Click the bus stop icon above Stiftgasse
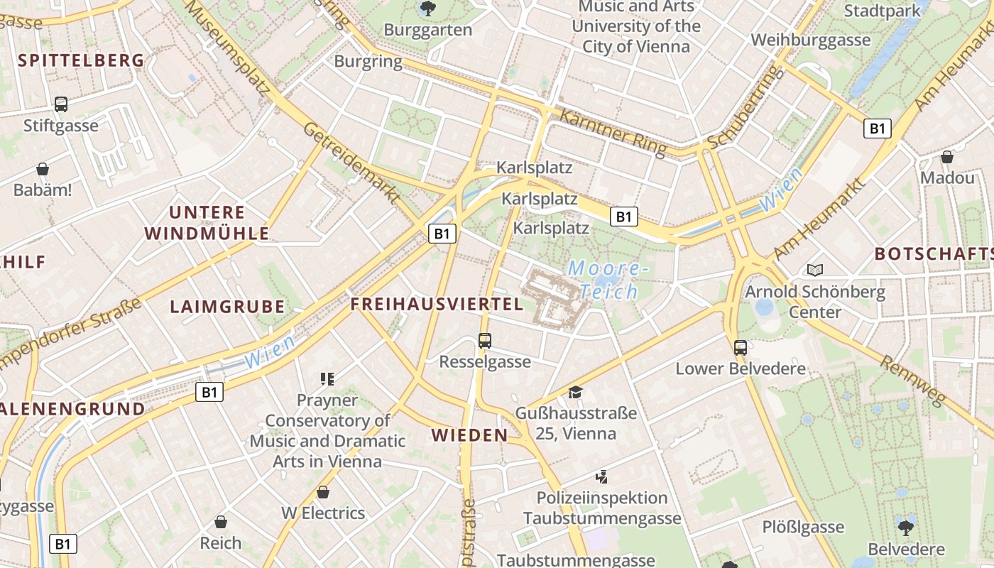61,104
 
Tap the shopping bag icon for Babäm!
43,169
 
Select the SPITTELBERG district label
82,60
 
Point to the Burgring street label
368,61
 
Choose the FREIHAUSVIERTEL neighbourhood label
437,305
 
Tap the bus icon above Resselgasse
485,341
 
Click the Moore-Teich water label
608,280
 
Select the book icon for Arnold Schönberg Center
814,270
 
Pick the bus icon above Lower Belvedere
741,348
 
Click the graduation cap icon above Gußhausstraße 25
575,392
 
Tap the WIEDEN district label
470,435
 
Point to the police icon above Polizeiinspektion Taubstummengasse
601,477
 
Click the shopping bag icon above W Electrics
323,492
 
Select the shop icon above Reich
221,523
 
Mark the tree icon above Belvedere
905,528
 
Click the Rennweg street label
913,381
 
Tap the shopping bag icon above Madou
947,157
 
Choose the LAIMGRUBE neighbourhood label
227,307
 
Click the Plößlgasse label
803,527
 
